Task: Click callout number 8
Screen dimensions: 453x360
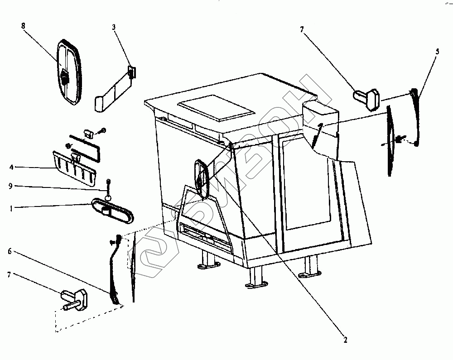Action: click(23, 26)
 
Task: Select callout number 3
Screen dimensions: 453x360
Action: click(114, 27)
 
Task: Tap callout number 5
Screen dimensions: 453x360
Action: click(436, 51)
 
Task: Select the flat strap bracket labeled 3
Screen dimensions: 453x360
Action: click(113, 91)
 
